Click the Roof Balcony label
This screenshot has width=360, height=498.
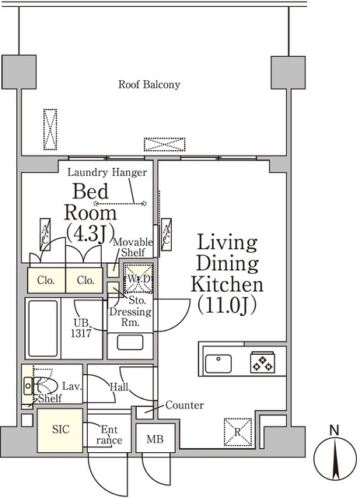149,85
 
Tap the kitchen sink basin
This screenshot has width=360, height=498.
218,363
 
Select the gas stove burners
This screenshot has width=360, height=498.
262,362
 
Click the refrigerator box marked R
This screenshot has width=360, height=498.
238,432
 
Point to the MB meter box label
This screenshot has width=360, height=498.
155,439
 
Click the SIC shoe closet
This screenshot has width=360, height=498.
61,430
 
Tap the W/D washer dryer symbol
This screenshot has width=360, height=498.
138,279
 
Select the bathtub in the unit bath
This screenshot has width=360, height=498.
43,328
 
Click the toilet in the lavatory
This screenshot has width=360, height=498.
44,385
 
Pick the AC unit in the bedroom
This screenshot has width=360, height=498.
45,234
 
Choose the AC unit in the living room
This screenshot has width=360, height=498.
166,234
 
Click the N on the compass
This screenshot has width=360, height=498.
334,430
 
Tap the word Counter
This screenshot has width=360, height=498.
184,405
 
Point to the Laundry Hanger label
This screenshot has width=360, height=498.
107,173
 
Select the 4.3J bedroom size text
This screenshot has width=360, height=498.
90,233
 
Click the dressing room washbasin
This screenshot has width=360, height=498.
130,342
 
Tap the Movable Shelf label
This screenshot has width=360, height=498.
133,247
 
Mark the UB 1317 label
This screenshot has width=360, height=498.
82,328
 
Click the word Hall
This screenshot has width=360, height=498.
119,387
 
